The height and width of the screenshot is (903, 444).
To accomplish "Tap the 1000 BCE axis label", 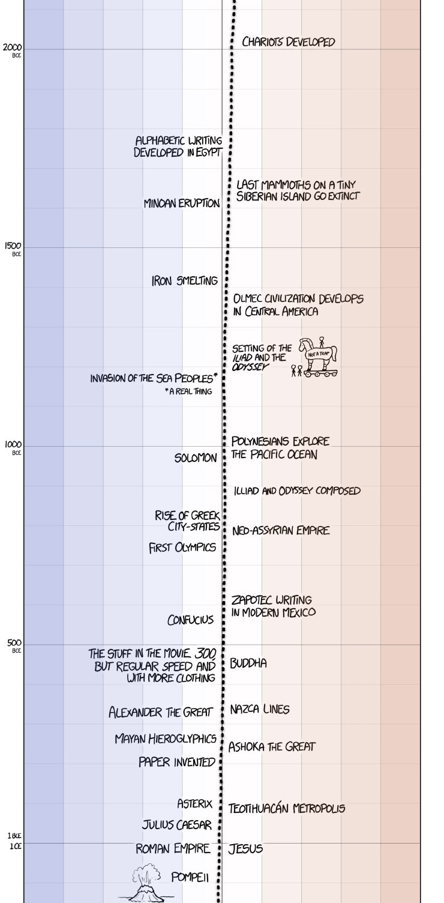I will point(13,447).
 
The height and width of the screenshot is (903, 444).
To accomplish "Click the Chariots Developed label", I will point(288,42).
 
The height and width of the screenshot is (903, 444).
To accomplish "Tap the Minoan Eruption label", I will point(182,204).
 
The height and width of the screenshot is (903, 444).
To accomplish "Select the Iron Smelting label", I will point(184,280).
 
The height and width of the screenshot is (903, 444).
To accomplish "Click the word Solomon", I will point(196,458).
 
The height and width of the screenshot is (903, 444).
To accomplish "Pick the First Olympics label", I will point(182,548).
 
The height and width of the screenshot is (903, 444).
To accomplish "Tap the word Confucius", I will point(190,620).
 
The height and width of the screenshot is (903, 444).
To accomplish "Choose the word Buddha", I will point(248,663).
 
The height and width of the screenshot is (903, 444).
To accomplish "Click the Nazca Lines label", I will point(259,710).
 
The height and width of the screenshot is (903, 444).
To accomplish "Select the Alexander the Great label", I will point(160,713).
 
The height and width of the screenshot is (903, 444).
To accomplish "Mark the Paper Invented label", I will point(176,763).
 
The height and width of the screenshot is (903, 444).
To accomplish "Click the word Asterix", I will point(194,803).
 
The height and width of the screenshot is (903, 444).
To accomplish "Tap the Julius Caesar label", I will point(176,826).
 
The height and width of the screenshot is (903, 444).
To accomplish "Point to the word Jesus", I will point(245,849).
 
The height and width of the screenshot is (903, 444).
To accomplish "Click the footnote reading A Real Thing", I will point(188,392).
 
